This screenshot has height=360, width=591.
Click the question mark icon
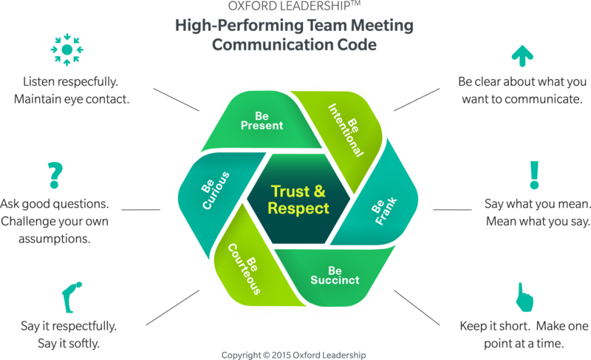(x=52, y=174)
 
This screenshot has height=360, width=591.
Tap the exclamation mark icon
(x=534, y=174)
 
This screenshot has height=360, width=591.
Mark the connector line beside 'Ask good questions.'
(x=140, y=209)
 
